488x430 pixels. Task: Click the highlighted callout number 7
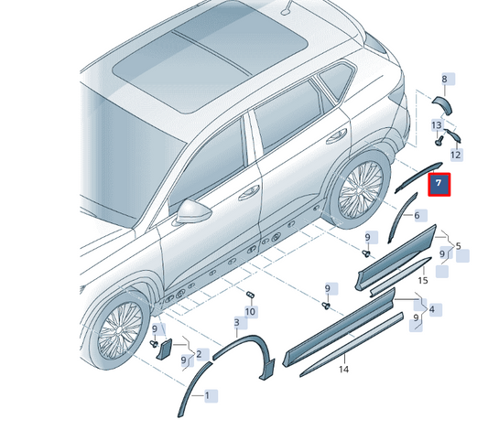click(439, 185)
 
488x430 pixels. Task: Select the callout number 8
click(444, 80)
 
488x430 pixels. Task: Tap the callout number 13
click(437, 125)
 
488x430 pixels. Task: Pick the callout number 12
click(455, 155)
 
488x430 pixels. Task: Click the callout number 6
click(417, 215)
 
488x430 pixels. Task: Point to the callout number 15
click(423, 281)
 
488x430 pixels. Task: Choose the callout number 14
click(343, 370)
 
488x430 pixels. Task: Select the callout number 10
click(250, 312)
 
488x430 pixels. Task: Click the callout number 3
click(237, 322)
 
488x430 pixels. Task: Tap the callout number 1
click(207, 396)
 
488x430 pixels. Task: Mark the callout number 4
click(432, 309)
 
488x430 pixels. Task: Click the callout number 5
click(458, 246)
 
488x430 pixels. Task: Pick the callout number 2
click(199, 354)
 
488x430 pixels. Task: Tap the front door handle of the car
click(249, 193)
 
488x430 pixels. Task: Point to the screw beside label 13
click(439, 141)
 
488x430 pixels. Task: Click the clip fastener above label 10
click(250, 294)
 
